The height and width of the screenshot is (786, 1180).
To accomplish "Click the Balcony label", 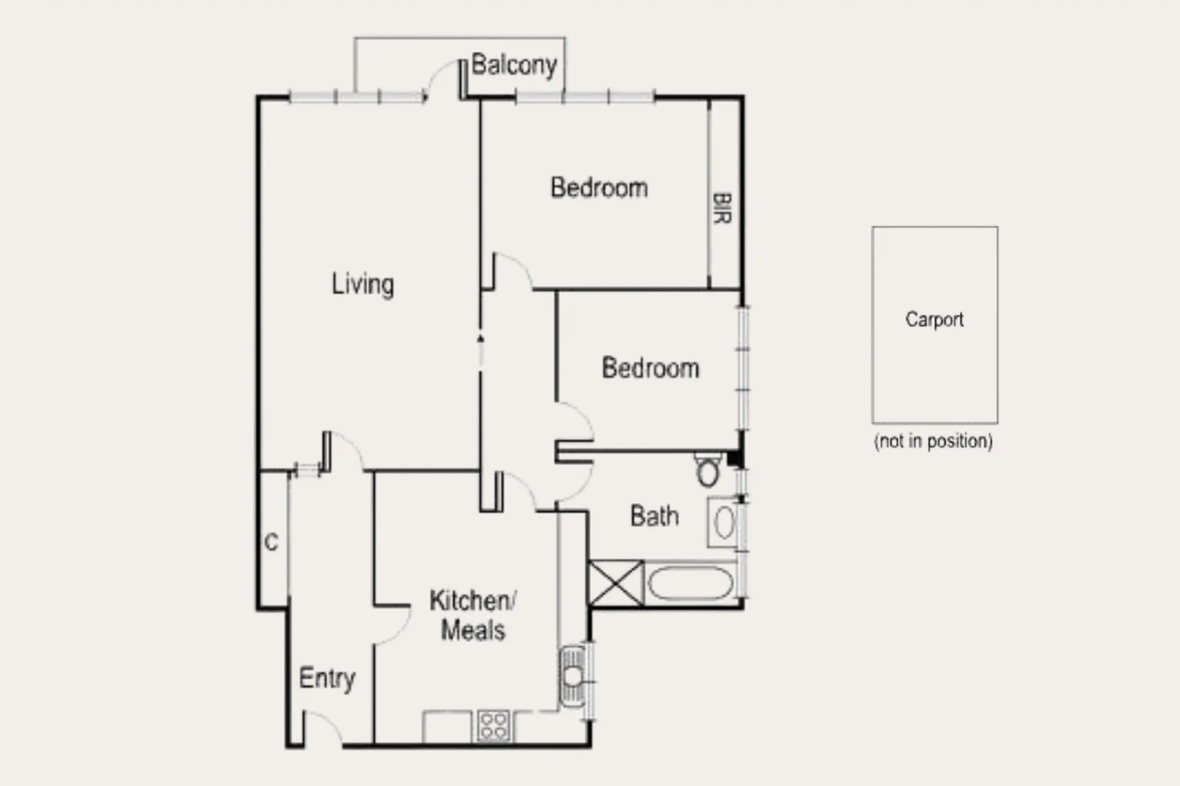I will [513, 65].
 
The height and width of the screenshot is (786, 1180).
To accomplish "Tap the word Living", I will [363, 284].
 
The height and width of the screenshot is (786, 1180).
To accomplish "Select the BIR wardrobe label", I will [722, 208].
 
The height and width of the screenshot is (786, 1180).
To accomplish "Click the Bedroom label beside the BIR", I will [598, 188].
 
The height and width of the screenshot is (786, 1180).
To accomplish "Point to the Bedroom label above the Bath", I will [650, 368].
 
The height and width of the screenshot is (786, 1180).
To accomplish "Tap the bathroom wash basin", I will [723, 522].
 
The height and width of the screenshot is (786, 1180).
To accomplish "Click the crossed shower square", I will [615, 582].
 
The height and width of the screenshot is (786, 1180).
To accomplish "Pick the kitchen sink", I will [572, 676].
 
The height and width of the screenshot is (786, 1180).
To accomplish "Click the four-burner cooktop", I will [494, 726].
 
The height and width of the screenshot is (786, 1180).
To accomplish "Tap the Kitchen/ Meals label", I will [473, 615].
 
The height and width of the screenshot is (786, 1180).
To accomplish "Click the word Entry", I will [326, 678].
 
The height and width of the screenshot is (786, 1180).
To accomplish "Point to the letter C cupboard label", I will [271, 542].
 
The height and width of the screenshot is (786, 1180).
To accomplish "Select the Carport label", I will [934, 319].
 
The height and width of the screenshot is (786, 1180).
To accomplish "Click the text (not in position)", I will [933, 441].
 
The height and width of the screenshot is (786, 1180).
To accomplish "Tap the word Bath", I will [654, 516].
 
